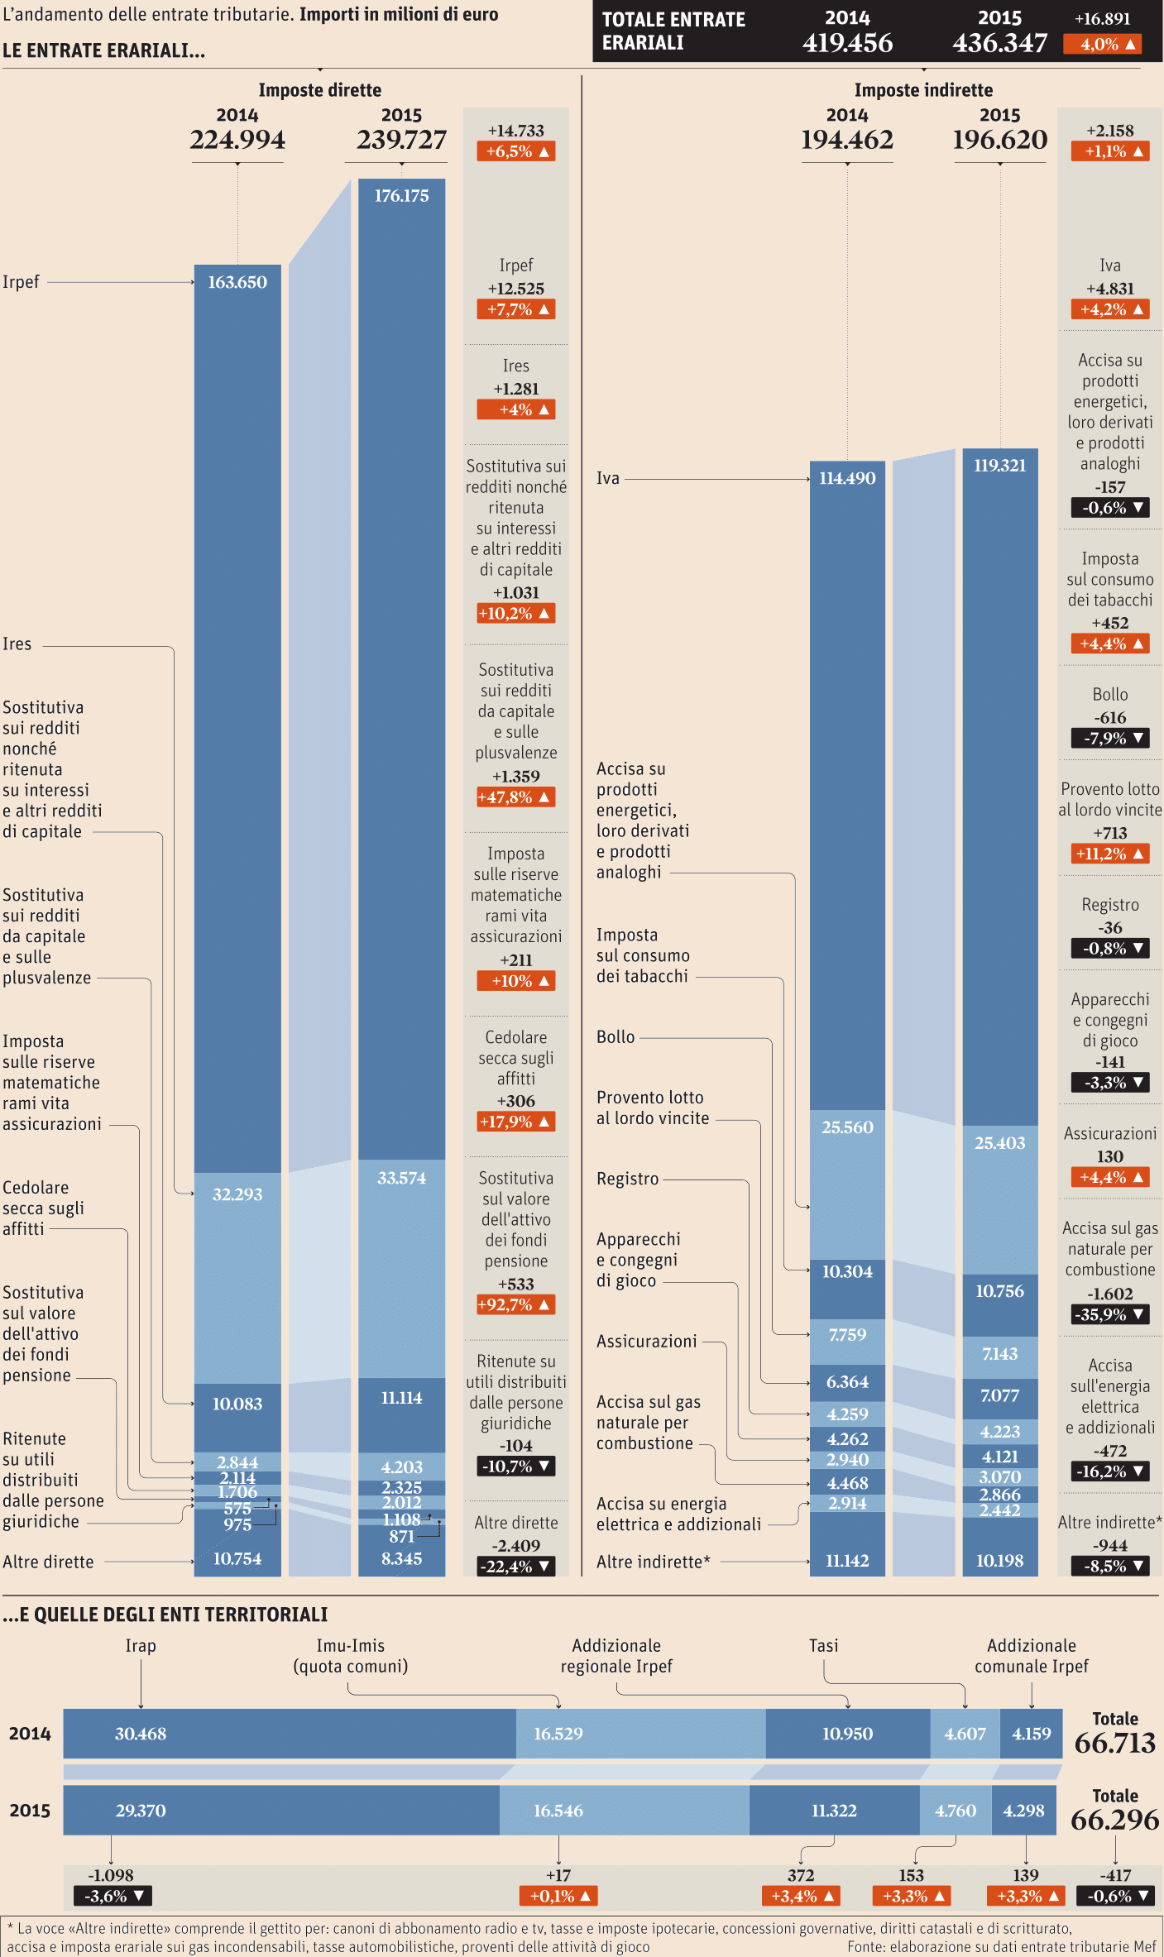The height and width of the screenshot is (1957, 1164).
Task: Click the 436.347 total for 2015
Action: click(x=999, y=43)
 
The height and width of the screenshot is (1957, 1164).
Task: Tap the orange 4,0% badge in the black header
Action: click(x=1102, y=45)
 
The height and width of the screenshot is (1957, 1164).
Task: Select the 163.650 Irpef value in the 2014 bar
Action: click(x=237, y=283)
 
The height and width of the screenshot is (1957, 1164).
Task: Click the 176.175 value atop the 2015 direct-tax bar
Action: click(x=401, y=196)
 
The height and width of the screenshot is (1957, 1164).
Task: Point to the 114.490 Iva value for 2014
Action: click(x=847, y=478)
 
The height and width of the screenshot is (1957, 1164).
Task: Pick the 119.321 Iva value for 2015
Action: click(x=999, y=466)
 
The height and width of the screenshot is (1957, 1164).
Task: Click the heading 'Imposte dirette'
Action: click(x=319, y=90)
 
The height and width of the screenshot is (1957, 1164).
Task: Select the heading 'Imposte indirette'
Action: click(x=923, y=90)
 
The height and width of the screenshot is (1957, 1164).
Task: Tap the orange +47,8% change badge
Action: click(x=515, y=797)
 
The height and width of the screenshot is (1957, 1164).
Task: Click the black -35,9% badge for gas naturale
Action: click(x=1109, y=1314)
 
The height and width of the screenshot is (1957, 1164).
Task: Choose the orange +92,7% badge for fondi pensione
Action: click(x=515, y=1304)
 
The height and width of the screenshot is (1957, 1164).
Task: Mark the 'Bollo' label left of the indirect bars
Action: click(x=616, y=1037)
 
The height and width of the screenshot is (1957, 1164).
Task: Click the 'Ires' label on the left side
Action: click(x=17, y=644)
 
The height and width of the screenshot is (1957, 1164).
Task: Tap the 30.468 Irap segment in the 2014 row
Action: click(x=141, y=1734)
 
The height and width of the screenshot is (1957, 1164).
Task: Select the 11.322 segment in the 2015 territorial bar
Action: click(x=834, y=1811)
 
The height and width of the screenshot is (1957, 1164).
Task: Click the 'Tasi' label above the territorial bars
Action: click(x=823, y=1646)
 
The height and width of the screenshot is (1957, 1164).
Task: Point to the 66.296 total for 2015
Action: click(x=1114, y=1820)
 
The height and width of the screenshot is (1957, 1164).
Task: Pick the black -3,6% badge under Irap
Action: click(x=113, y=1896)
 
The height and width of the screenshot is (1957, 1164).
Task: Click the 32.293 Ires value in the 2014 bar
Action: click(x=237, y=1194)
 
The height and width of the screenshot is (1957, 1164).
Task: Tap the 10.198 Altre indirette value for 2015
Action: click(x=999, y=1561)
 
